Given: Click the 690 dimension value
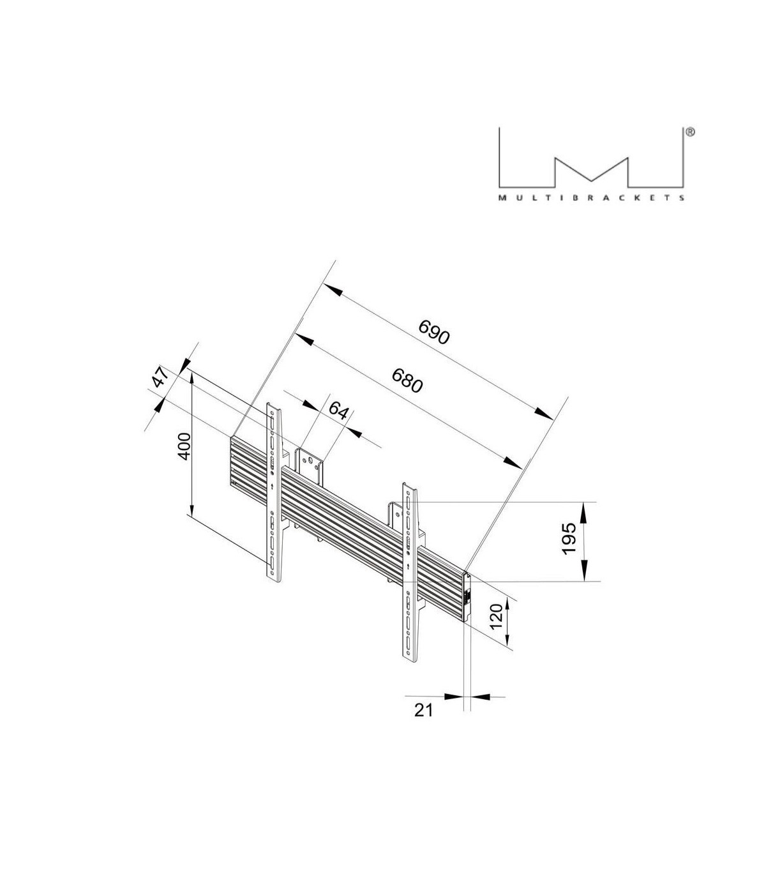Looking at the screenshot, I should click(x=434, y=331).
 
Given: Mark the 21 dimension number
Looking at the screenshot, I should click(x=423, y=709).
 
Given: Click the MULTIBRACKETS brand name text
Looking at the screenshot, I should click(x=592, y=198).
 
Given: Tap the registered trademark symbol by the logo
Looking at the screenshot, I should click(x=689, y=132).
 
